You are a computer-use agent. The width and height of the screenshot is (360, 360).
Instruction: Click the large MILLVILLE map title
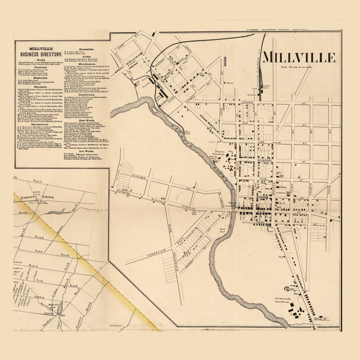coord(299,57)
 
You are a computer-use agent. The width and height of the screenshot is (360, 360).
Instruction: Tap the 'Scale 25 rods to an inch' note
coord(298,67)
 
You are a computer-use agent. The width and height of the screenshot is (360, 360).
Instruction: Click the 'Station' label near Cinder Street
coord(251,95)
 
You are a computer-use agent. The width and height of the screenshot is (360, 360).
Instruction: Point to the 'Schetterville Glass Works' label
coord(282,300)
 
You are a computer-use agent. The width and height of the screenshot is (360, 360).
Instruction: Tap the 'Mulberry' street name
coord(265,160)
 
